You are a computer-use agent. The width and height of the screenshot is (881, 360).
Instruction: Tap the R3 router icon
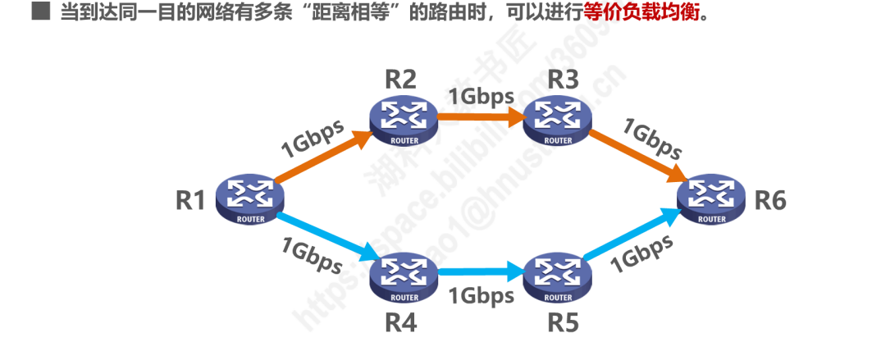pyautogui.click(x=557, y=120)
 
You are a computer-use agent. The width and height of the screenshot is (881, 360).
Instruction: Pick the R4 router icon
pyautogui.click(x=402, y=277)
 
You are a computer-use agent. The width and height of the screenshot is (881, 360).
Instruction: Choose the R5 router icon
pyautogui.click(x=557, y=277)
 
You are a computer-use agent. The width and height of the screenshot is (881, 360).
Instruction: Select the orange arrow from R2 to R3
pyautogui.click(x=480, y=117)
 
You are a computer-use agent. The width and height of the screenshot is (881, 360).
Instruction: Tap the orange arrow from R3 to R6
pyautogui.click(x=636, y=157)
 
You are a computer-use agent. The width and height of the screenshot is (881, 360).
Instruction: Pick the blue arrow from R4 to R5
pyautogui.click(x=480, y=270)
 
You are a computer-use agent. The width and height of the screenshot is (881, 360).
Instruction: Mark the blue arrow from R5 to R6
pyautogui.click(x=632, y=238)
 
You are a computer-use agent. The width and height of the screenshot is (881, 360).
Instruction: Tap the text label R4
pyautogui.click(x=401, y=323)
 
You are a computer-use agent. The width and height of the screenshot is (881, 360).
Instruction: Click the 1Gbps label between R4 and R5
pyautogui.click(x=480, y=294)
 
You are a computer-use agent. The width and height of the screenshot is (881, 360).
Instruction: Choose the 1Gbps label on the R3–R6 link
pyautogui.click(x=653, y=138)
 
